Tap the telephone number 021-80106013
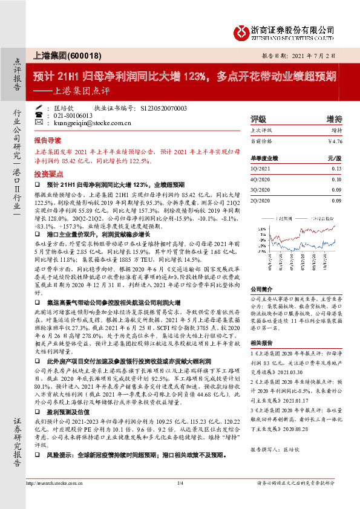click(71, 115)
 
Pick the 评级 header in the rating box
click(258, 118)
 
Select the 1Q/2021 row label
click(261, 169)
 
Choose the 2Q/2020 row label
click(261, 200)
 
